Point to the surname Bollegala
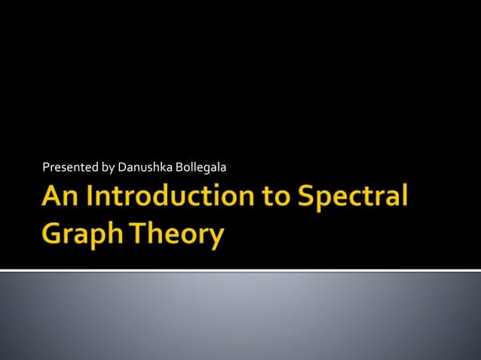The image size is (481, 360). [x=201, y=166]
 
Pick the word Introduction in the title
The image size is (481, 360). [x=167, y=198]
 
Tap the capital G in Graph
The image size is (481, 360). [x=52, y=234]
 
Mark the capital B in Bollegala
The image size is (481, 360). [x=179, y=166]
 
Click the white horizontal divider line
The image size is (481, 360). [x=240, y=270]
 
